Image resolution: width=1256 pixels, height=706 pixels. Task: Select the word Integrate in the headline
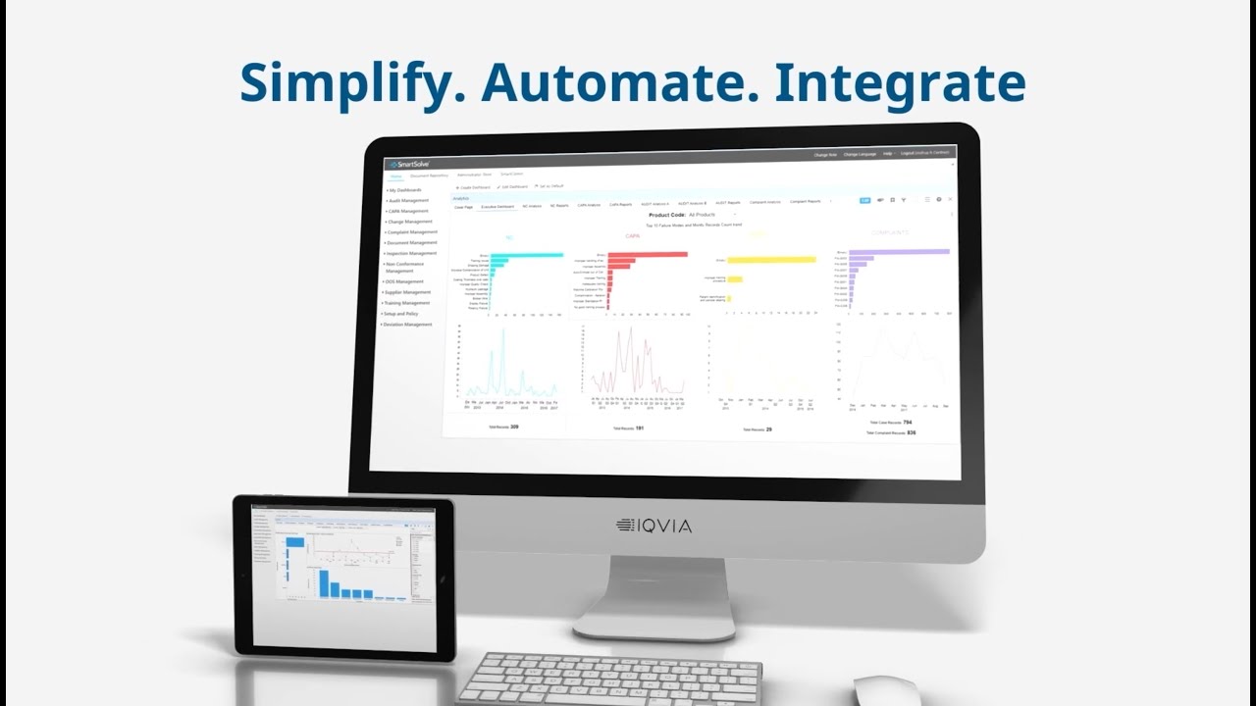[x=899, y=83]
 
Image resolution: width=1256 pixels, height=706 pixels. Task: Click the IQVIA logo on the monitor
[x=654, y=526]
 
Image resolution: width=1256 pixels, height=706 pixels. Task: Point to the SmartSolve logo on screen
[x=408, y=164]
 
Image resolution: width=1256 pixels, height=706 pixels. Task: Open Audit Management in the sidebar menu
[x=408, y=200]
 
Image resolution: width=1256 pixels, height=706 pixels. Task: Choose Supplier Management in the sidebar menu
[x=408, y=292]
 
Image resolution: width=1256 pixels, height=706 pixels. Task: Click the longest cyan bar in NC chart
[x=526, y=255]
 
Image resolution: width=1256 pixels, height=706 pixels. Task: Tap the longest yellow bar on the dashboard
[x=771, y=260]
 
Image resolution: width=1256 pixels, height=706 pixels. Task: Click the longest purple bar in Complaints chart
[x=899, y=252]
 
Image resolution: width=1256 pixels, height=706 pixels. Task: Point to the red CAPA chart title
[x=633, y=236]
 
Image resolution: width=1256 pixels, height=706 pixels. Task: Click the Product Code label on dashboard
[x=666, y=214]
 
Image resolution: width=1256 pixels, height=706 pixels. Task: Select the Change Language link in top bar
[x=860, y=155]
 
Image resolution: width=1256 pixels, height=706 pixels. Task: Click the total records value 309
[x=514, y=427]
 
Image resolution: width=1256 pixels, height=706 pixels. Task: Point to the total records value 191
[x=639, y=429]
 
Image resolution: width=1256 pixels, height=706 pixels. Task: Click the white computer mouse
[x=885, y=690]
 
